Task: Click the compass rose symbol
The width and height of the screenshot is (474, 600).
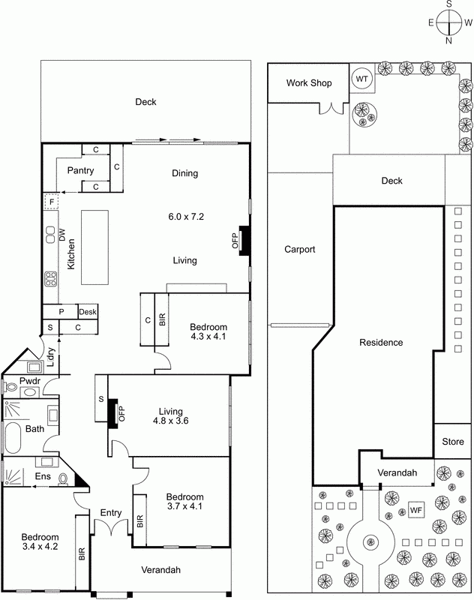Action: tap(449, 22)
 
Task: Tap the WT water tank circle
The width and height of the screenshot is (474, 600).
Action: tap(361, 79)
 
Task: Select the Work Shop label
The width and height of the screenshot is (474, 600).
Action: tap(309, 83)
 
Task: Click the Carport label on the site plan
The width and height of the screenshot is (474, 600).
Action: tap(299, 250)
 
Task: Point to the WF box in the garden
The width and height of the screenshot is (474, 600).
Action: tap(416, 510)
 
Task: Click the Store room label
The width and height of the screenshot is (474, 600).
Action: tap(453, 442)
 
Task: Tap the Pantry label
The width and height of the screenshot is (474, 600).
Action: tap(80, 171)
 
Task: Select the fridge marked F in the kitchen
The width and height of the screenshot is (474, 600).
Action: tap(51, 201)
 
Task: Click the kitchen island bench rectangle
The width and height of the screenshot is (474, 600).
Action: tap(94, 247)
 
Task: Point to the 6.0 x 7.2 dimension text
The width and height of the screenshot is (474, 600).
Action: tap(186, 217)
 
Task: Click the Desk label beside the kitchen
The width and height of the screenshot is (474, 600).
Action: tap(88, 312)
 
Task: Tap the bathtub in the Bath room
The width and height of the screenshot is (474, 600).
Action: tap(13, 437)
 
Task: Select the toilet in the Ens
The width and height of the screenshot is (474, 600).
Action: tap(63, 479)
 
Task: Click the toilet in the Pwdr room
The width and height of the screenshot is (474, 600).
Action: tap(10, 387)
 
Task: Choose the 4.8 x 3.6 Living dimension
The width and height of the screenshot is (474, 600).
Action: tap(170, 421)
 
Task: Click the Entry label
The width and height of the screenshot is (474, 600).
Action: tap(111, 513)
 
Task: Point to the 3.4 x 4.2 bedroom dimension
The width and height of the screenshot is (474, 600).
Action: tap(40, 547)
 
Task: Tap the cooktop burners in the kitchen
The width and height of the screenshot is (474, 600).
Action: tap(51, 279)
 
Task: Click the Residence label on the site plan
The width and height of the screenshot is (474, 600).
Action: tap(381, 343)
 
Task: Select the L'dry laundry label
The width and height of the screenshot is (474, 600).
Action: tap(51, 357)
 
